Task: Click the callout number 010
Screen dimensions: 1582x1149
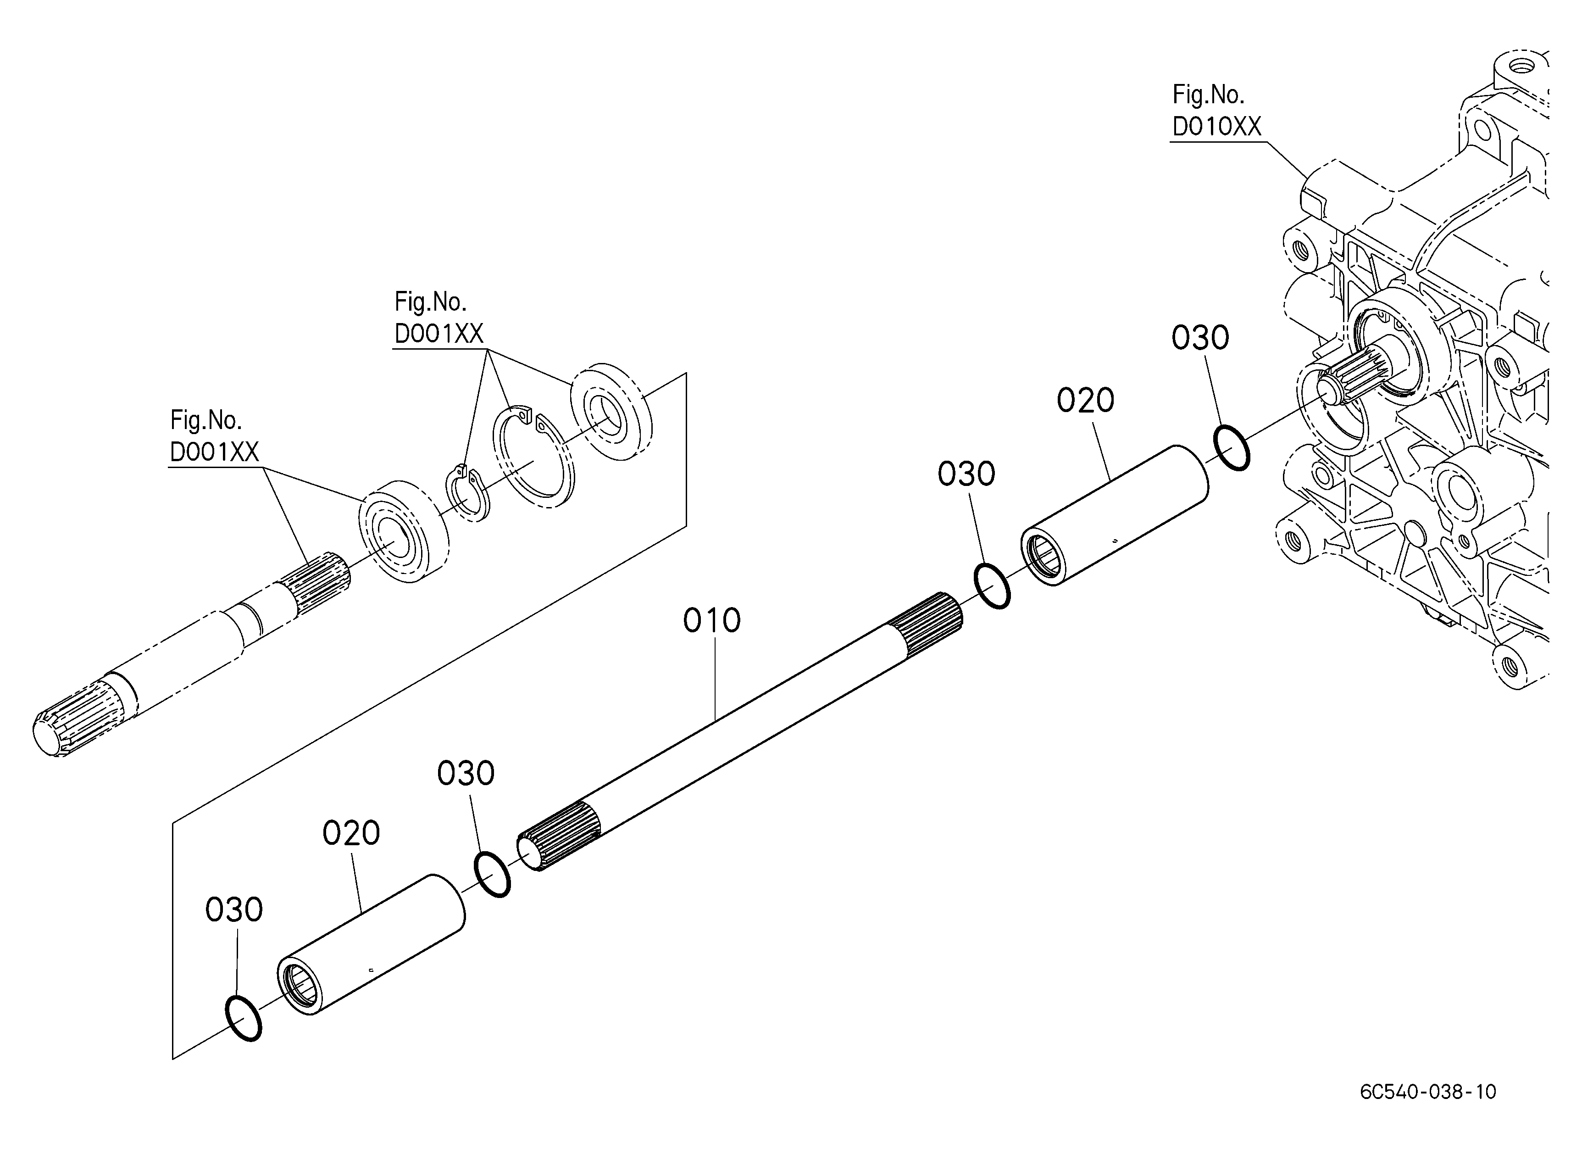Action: pos(711,620)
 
